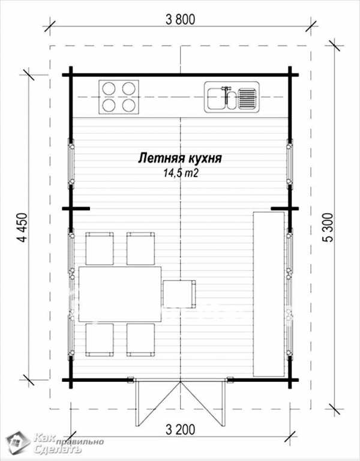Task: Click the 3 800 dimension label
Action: coord(180,20)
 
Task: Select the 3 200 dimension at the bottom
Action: coord(180,430)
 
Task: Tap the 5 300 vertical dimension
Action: coord(329,227)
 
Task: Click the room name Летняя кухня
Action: coord(180,158)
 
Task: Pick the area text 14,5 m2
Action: coord(181,173)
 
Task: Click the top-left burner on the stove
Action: coord(109,89)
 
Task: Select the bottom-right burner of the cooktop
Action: coord(129,105)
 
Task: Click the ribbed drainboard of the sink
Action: coord(247,99)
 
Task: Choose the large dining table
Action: coord(120,294)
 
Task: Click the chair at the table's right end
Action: coord(179,294)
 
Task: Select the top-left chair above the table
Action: coord(100,249)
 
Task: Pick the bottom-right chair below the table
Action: coord(141,340)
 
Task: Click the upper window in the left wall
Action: coord(71,163)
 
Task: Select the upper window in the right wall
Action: coord(289,163)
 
